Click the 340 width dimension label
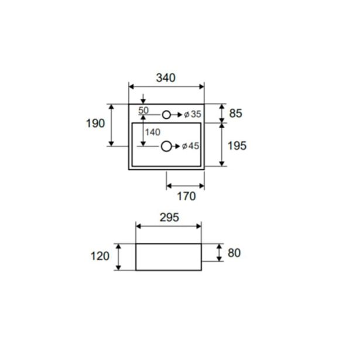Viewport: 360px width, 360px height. [x=166, y=78]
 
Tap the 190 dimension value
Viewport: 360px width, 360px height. [x=95, y=124]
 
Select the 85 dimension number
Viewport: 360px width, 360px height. [x=235, y=113]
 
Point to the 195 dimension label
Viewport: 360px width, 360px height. [x=237, y=146]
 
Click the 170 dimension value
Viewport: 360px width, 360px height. [x=186, y=196]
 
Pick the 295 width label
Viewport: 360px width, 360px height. [x=169, y=217]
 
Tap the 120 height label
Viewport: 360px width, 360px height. [x=100, y=256]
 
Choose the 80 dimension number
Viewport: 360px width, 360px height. [x=234, y=253]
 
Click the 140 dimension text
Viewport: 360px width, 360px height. [x=153, y=132]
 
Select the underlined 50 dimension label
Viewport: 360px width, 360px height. [x=143, y=111]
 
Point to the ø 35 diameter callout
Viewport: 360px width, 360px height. [x=193, y=114]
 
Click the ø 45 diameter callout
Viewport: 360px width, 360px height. [x=191, y=146]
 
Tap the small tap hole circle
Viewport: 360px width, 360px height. [x=166, y=115]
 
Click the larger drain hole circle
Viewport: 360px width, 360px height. [x=166, y=146]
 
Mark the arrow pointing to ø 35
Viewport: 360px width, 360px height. [x=176, y=115]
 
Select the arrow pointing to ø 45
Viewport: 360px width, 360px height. [x=176, y=146]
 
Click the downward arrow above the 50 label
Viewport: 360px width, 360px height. [x=143, y=99]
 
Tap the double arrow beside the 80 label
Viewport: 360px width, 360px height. [x=220, y=252]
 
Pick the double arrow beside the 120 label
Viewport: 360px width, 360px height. [x=118, y=257]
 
